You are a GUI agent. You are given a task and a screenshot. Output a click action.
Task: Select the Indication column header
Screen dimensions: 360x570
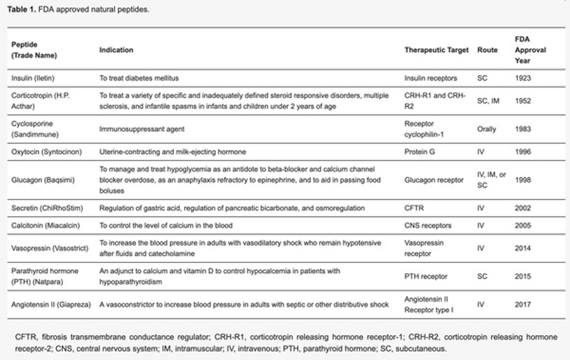[117, 50]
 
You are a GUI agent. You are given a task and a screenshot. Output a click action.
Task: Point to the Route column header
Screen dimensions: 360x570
[487, 50]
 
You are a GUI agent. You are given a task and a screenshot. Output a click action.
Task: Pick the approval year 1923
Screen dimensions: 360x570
[523, 78]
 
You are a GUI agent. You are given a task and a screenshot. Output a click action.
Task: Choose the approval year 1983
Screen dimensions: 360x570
[523, 129]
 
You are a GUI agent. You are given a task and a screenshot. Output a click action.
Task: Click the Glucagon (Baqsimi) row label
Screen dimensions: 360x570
[41, 180]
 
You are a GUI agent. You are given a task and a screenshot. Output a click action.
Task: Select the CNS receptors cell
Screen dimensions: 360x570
[427, 226]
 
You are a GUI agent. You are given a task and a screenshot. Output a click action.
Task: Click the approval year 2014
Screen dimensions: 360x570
[523, 248]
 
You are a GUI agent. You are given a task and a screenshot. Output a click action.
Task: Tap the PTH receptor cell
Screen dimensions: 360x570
[426, 276]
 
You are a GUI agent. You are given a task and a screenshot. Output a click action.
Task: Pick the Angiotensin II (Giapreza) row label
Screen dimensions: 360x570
[51, 304]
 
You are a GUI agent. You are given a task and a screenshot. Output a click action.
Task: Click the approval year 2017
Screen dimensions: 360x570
[523, 304]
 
